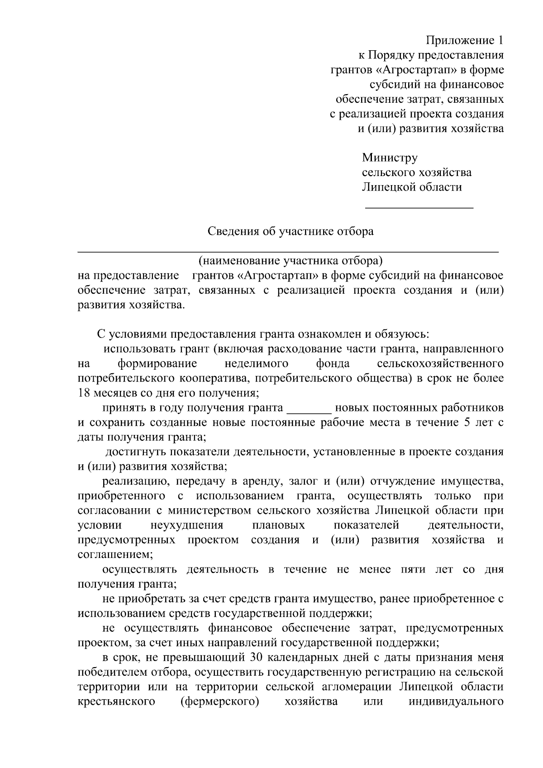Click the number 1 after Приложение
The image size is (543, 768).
click(x=500, y=41)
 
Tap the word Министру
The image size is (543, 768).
click(x=390, y=158)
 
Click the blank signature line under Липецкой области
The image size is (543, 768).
click(x=419, y=207)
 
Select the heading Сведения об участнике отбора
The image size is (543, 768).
click(x=291, y=231)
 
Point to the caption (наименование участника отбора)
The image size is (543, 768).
click(x=290, y=261)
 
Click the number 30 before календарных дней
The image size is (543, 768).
click(x=257, y=657)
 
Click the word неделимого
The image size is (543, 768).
click(x=256, y=363)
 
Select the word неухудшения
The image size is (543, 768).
click(x=187, y=525)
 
